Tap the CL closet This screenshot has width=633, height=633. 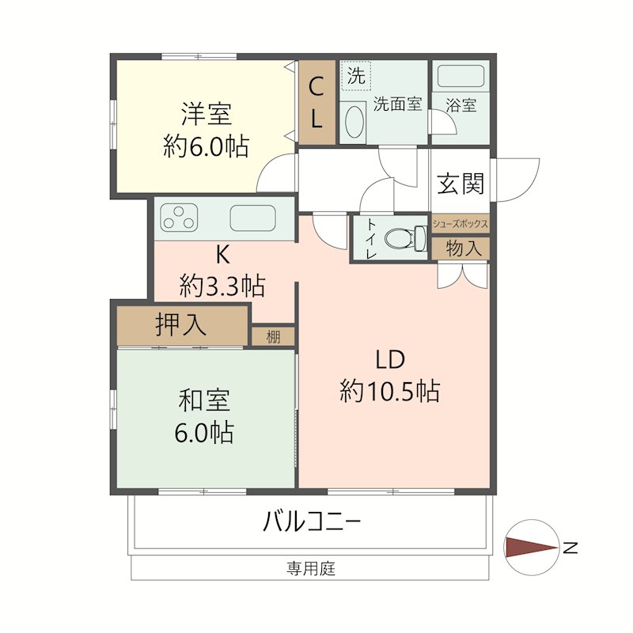pyautogui.click(x=316, y=102)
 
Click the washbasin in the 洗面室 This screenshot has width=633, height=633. pyautogui.click(x=355, y=123)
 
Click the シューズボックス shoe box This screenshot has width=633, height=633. pyautogui.click(x=460, y=225)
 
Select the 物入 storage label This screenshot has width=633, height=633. pyautogui.click(x=463, y=248)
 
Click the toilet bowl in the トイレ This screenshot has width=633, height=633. pyautogui.click(x=403, y=237)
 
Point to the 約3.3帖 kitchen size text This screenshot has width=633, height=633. pyautogui.click(x=222, y=285)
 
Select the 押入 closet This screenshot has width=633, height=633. pyautogui.click(x=181, y=324)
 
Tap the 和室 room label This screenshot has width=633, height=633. pyautogui.click(x=204, y=401)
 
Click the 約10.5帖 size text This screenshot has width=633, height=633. pyautogui.click(x=389, y=391)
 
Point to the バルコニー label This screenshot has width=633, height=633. pyautogui.click(x=312, y=522)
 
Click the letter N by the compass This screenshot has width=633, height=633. pyautogui.click(x=571, y=547)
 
